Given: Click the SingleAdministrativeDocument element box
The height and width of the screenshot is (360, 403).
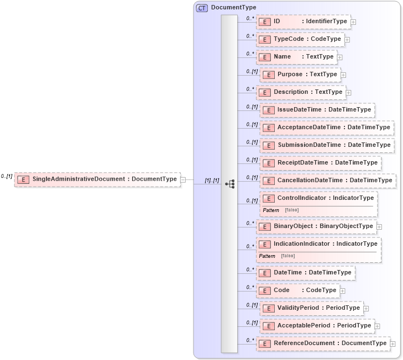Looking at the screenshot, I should tap(97, 179).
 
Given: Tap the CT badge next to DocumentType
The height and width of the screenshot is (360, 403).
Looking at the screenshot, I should tap(202, 8).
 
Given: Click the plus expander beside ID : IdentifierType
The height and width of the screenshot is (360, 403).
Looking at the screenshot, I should tap(353, 22).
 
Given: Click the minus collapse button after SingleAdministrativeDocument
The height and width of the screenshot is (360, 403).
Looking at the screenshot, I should tap(183, 179).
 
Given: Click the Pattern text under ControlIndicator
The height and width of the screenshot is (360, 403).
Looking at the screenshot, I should tap(271, 210).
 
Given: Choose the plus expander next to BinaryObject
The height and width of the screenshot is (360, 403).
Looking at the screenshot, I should tap(379, 226).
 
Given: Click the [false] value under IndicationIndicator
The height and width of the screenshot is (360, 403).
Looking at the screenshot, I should tap(287, 256).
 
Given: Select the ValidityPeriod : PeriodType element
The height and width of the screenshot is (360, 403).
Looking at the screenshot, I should tap(312, 308).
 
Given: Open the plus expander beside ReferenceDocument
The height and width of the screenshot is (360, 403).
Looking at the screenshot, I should tap(392, 343).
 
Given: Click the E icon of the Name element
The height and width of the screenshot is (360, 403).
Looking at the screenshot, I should tap(265, 57).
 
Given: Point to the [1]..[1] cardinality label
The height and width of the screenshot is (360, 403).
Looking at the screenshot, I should tap(212, 181).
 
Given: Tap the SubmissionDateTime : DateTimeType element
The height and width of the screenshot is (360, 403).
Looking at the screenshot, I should tap(327, 145).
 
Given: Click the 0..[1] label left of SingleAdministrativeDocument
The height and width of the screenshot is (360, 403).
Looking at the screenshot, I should tap(7, 176).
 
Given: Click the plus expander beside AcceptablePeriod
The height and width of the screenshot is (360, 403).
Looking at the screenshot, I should tap(377, 326).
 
